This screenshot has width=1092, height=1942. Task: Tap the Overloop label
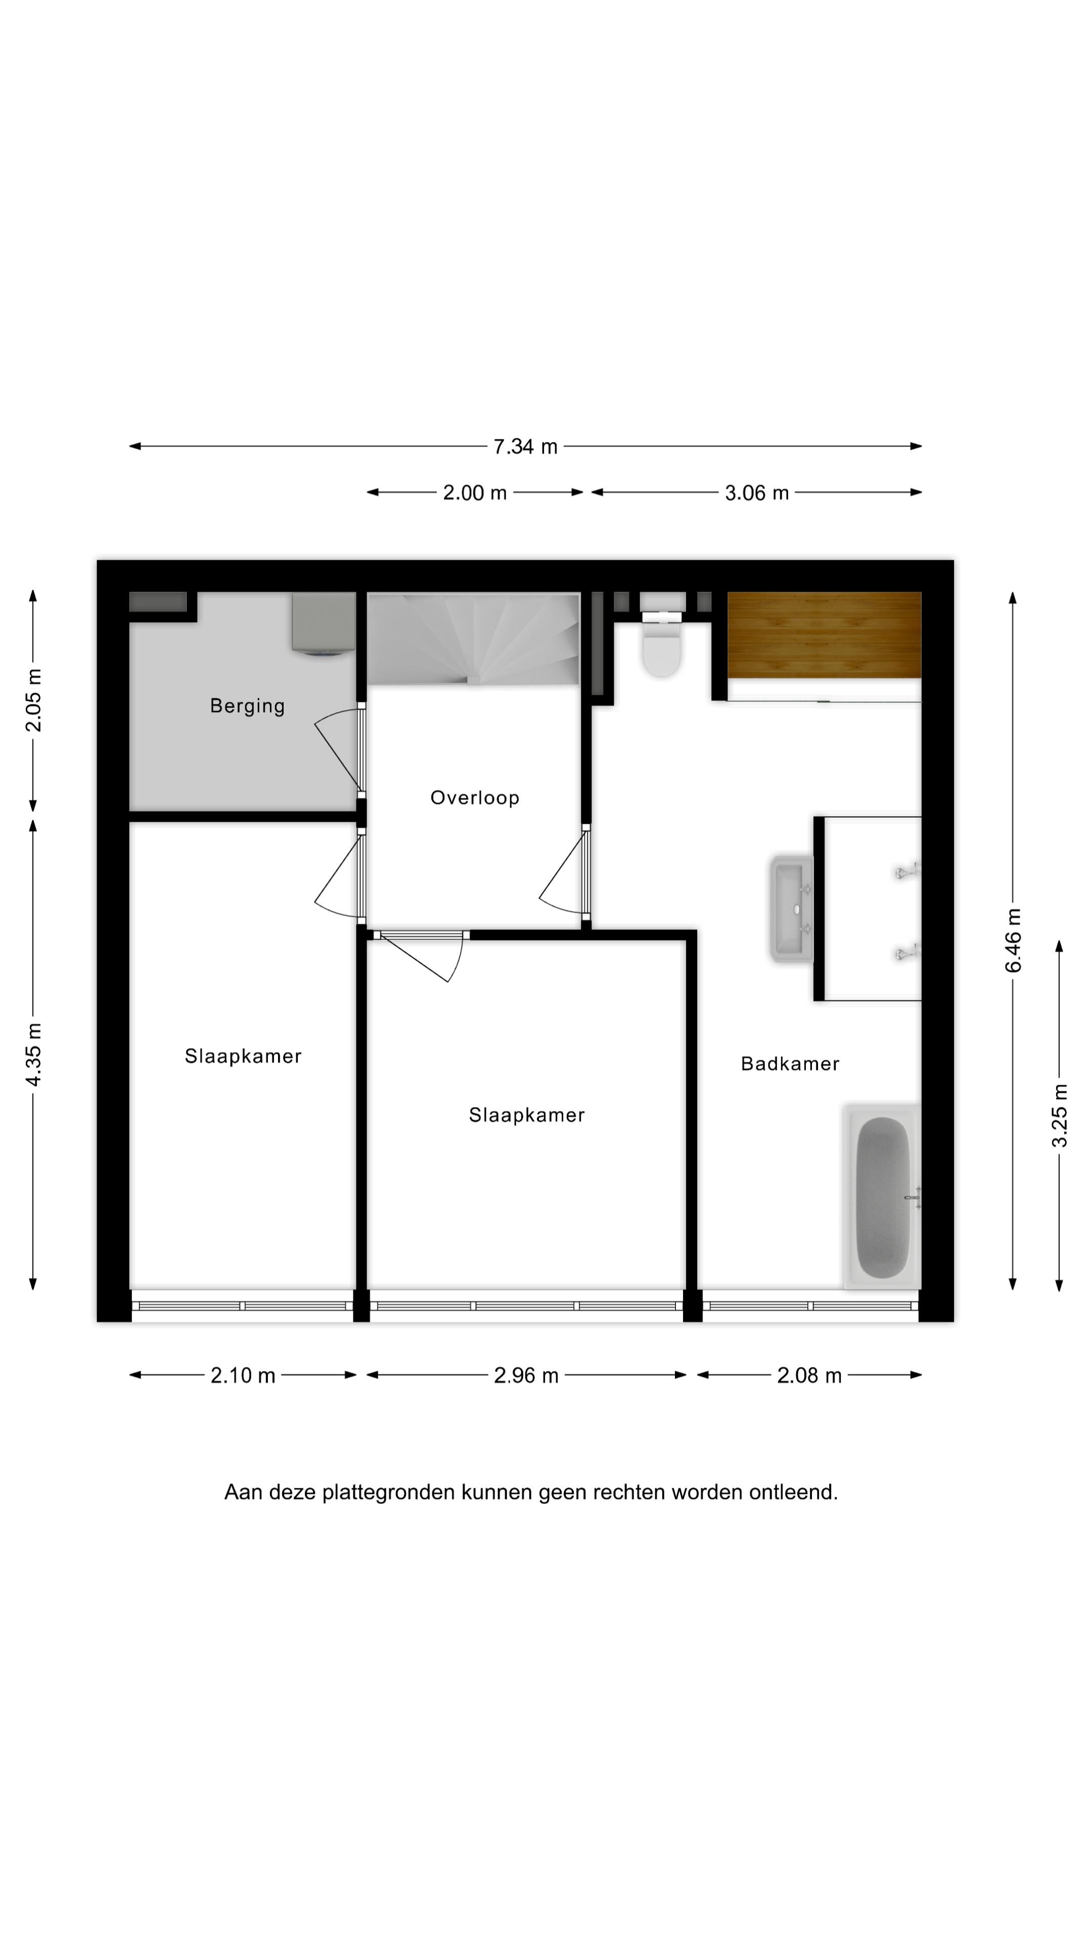(x=474, y=798)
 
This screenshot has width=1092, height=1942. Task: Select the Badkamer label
(x=789, y=1064)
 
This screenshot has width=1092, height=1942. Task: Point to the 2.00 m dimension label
(x=474, y=493)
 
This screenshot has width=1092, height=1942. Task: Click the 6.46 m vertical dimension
(x=1014, y=940)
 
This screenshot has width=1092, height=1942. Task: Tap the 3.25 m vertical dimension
(x=1060, y=1115)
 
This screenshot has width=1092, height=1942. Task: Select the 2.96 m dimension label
(x=526, y=1376)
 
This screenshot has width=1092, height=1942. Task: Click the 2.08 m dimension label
(x=809, y=1376)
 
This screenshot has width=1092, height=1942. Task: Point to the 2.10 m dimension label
(x=243, y=1376)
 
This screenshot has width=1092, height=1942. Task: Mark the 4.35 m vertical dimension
(x=33, y=1054)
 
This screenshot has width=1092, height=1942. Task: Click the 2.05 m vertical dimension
(x=33, y=700)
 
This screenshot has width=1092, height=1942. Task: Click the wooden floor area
(x=824, y=635)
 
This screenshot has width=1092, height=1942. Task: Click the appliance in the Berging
(x=324, y=624)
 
